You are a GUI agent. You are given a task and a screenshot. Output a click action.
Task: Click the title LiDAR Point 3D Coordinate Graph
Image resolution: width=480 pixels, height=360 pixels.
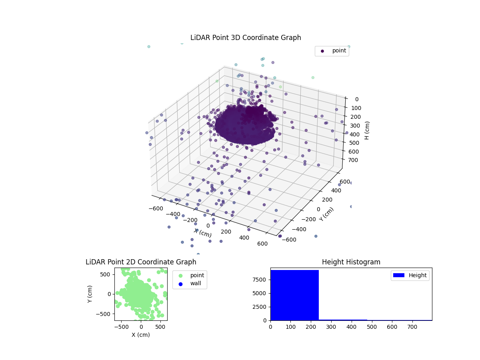(x=246, y=38)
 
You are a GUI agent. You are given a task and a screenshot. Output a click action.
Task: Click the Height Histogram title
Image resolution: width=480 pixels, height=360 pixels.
(x=351, y=262)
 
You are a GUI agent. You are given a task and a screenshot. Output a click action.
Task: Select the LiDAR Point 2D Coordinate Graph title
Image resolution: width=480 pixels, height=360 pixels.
(x=141, y=262)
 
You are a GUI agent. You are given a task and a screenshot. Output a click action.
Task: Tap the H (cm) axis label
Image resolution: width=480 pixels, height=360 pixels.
(x=367, y=130)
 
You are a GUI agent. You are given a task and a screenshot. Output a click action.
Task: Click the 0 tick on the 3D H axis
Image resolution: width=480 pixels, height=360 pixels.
(x=356, y=99)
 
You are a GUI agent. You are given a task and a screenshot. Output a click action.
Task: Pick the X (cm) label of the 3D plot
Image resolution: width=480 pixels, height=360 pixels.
(x=203, y=232)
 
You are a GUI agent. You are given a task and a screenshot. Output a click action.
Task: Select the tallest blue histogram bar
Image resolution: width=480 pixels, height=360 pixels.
(x=294, y=295)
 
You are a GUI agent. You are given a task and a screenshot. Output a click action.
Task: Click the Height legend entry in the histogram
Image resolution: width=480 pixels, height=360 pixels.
(x=418, y=275)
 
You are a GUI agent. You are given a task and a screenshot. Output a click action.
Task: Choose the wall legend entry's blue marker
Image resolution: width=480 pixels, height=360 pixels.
(x=180, y=284)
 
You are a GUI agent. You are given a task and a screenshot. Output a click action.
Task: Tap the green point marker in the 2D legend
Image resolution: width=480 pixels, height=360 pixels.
(x=180, y=276)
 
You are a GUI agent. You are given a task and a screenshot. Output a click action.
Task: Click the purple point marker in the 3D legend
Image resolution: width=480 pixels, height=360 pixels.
(x=322, y=51)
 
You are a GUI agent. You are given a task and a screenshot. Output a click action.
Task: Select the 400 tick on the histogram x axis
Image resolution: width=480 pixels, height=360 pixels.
(x=351, y=326)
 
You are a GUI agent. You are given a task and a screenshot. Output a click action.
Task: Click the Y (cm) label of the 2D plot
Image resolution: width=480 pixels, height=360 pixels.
(x=90, y=294)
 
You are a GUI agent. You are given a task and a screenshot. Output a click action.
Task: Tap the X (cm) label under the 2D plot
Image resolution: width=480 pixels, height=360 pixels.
(x=141, y=335)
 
